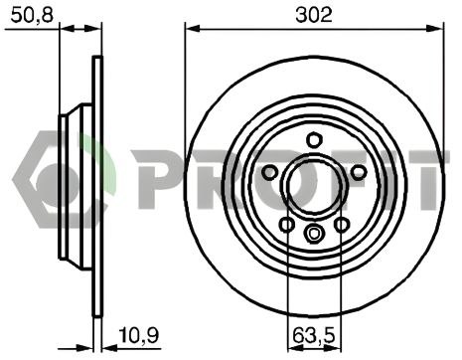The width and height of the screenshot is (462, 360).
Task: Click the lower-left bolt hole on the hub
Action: pyautogui.click(x=287, y=224)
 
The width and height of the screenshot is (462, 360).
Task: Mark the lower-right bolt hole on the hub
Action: pyautogui.click(x=342, y=224)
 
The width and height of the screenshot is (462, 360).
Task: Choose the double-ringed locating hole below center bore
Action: pyautogui.click(x=314, y=235)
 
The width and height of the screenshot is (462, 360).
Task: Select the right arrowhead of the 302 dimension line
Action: pyautogui.click(x=437, y=29)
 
